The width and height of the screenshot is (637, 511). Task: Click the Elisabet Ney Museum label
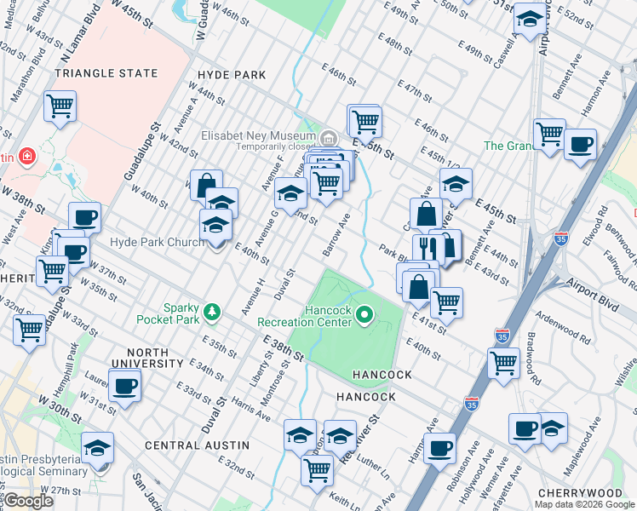tap(257, 135)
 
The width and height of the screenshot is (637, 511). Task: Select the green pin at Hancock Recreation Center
tap(364, 316)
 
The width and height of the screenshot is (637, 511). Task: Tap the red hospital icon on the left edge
tap(27, 157)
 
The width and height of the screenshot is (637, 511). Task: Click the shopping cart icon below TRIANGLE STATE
tap(60, 107)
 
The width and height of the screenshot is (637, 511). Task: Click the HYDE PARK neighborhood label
tap(232, 75)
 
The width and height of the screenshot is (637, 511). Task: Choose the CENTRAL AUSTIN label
tap(197, 445)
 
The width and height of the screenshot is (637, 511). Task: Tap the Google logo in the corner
tap(29, 501)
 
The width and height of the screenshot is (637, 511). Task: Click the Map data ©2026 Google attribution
tap(585, 504)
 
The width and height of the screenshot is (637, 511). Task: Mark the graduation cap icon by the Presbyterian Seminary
tap(97, 447)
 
